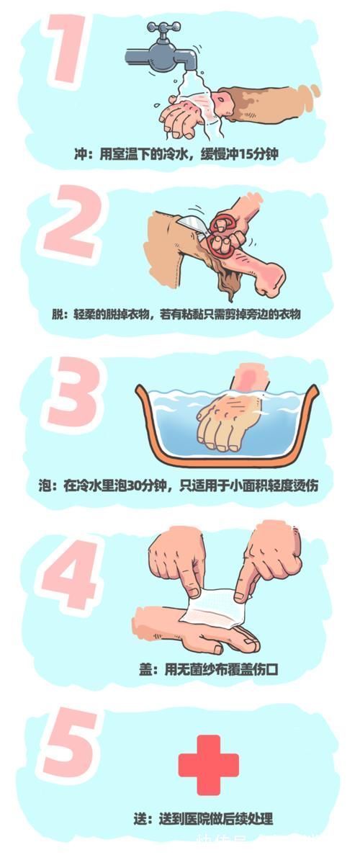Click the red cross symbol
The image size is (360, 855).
(x=208, y=764)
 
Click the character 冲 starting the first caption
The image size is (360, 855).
(x=81, y=153)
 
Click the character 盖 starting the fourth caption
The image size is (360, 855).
(x=145, y=670)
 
